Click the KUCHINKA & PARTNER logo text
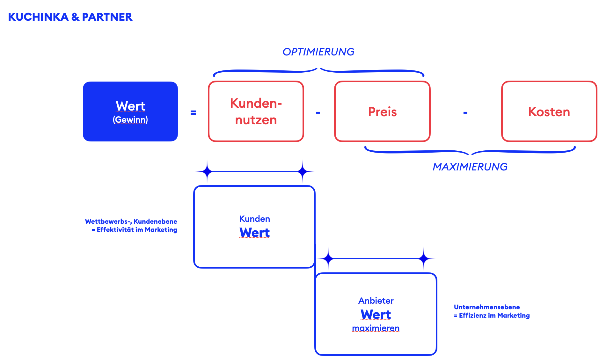coord(70,17)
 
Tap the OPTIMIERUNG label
coord(318,52)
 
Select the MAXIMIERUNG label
coord(470,167)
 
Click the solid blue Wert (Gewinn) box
coord(130,112)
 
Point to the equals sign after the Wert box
coord(193,112)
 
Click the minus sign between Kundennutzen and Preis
coord(318,112)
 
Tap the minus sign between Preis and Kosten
coord(465,112)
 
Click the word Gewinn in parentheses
coord(130,120)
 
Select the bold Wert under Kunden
coord(255,233)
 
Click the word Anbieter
coord(376,301)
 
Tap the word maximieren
coord(376,328)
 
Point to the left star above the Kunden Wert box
coord(207,171)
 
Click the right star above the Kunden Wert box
coord(303,171)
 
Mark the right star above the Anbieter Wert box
coord(424,259)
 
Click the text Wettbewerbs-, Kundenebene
coord(131,221)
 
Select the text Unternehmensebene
coord(487,307)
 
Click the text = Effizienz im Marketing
coord(492,315)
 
